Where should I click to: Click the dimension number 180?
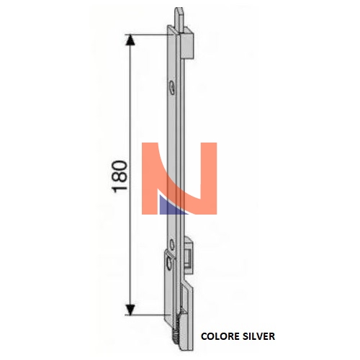tap(120, 176)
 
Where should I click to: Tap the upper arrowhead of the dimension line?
tap(130, 40)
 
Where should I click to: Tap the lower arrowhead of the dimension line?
tap(130, 310)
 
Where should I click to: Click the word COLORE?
tap(220, 336)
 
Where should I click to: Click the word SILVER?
tap(258, 336)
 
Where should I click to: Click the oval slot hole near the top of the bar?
tap(172, 87)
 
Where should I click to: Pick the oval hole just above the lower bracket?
tap(172, 245)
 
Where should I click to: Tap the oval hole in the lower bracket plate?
tap(169, 264)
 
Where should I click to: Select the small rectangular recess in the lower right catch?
tap(189, 257)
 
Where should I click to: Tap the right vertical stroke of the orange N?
tap(209, 178)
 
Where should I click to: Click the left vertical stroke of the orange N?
tap(150, 178)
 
